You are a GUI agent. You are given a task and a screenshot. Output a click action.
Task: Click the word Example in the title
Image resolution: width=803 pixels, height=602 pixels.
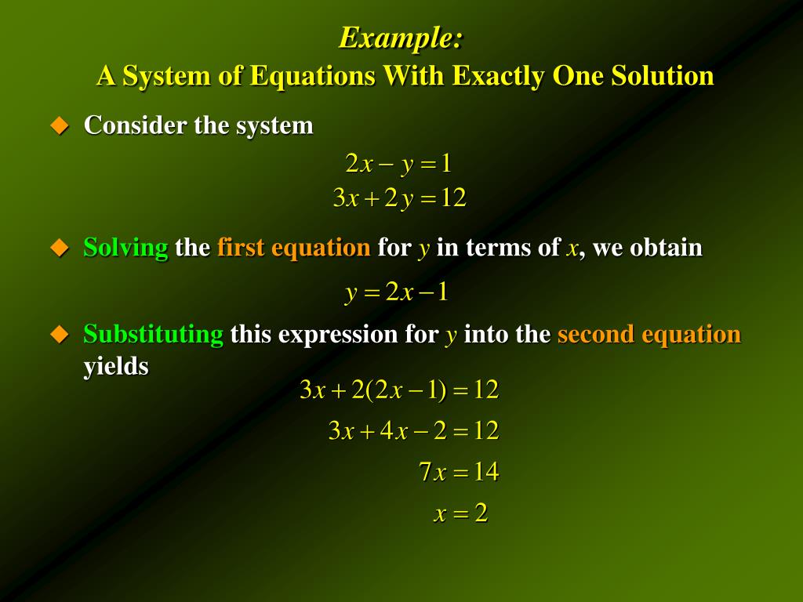click(398, 38)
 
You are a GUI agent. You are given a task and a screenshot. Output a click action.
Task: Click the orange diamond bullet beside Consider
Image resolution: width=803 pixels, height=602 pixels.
click(60, 125)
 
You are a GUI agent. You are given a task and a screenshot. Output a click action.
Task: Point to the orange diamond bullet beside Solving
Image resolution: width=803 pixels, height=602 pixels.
click(60, 248)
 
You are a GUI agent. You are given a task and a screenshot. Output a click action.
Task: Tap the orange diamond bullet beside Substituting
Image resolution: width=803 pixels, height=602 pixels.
click(60, 335)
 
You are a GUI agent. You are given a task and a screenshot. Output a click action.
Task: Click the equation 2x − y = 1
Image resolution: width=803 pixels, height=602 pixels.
click(398, 164)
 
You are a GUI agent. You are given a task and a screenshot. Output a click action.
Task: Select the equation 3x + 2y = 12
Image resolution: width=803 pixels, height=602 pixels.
click(399, 199)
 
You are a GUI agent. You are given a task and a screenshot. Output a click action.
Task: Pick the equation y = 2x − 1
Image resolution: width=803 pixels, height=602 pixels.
click(398, 293)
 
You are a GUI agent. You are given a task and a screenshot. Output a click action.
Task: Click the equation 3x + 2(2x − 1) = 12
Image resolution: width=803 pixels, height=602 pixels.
click(399, 390)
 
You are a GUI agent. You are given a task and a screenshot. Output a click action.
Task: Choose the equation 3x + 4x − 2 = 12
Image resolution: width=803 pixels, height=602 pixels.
click(413, 431)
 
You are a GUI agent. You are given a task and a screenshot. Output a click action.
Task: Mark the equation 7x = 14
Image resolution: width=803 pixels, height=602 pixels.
click(458, 473)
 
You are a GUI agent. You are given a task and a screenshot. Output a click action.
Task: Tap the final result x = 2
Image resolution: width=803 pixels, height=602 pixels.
click(461, 514)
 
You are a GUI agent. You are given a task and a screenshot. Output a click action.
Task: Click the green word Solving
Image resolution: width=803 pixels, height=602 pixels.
click(125, 248)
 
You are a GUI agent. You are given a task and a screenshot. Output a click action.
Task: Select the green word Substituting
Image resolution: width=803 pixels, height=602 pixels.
click(153, 335)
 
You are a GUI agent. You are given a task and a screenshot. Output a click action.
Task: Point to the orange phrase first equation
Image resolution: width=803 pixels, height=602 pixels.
click(293, 248)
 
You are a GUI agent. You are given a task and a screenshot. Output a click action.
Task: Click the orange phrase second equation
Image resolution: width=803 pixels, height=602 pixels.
click(649, 335)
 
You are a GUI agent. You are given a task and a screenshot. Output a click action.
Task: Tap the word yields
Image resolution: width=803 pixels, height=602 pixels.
click(116, 366)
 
